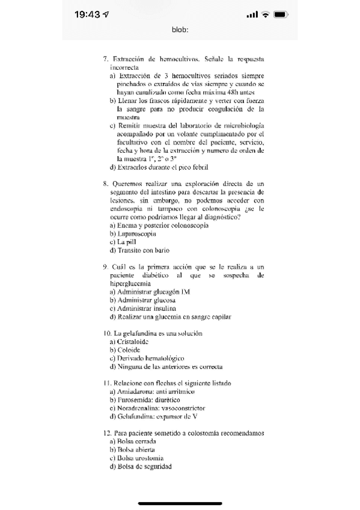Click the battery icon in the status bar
tap(281, 13)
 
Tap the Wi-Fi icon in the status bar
tap(264, 13)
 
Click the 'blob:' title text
tap(180, 29)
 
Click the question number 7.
tap(105, 60)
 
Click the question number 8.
tap(105, 182)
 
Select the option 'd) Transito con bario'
tap(139, 250)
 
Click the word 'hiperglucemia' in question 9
tap(129, 282)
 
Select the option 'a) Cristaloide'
tap(131, 341)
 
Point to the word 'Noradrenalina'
tap(140, 408)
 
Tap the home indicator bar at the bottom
tap(180, 503)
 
